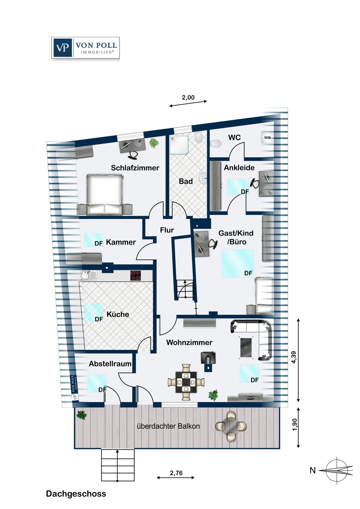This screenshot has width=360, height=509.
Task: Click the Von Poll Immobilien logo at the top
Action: [86, 48]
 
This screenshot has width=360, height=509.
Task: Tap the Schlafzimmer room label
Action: [135, 168]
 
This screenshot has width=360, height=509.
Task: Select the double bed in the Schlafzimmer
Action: [105, 194]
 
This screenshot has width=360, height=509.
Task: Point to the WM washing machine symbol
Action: [267, 137]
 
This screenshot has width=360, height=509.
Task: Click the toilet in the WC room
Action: [216, 144]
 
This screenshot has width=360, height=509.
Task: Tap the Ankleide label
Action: [239, 167]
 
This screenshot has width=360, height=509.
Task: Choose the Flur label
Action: [167, 230]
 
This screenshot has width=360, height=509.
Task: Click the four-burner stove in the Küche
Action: [136, 275]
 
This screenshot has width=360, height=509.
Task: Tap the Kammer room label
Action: [121, 242]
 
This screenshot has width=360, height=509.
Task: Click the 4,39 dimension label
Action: [294, 357]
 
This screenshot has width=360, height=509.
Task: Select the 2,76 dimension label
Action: [176, 473]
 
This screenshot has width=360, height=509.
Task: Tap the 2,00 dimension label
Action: [188, 97]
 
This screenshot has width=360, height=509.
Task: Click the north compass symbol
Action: [336, 470]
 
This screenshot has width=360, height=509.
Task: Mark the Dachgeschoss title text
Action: [76, 494]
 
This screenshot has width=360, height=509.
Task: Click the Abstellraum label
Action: [110, 364]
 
